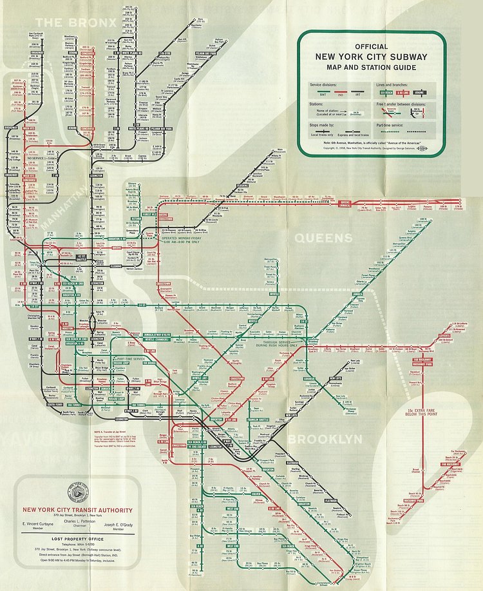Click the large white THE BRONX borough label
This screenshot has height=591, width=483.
[80, 23]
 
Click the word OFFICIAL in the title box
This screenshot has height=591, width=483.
[371, 46]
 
